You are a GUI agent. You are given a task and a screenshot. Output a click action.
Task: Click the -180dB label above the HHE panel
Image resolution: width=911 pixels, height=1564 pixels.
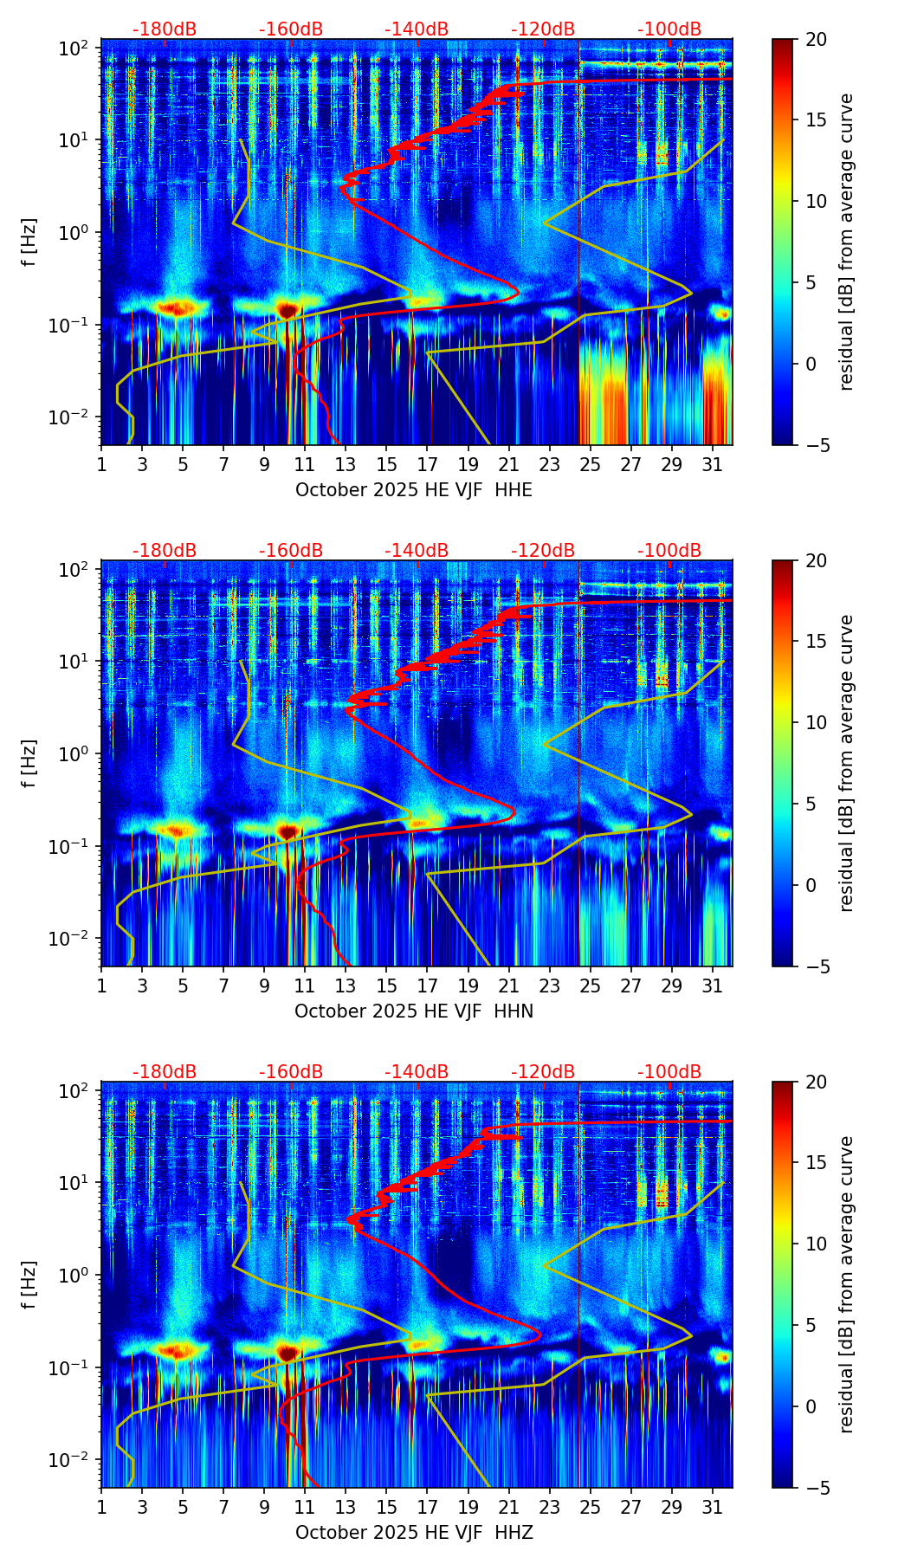point(165,29)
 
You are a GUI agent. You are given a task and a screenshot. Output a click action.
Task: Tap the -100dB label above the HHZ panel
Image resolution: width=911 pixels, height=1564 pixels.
point(669,1072)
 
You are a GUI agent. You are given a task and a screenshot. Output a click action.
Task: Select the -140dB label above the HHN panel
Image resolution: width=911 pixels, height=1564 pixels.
point(417,551)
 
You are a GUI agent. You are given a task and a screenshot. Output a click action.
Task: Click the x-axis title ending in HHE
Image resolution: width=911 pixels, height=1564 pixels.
point(414,490)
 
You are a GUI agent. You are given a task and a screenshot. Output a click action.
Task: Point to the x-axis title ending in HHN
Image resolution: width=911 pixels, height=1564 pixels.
point(414,1011)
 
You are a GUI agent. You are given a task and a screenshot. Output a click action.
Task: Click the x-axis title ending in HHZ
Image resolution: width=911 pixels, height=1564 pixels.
point(414,1533)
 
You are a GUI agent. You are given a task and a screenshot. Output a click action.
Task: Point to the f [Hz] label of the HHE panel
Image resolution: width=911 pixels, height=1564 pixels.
point(29,242)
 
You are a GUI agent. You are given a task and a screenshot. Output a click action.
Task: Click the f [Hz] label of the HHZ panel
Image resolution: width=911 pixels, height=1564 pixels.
point(29,1285)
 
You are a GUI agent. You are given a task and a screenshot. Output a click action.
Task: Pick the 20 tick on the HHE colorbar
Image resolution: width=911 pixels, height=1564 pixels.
point(816,39)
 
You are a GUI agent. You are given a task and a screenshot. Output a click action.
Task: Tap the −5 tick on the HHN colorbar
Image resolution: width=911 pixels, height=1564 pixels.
point(816,966)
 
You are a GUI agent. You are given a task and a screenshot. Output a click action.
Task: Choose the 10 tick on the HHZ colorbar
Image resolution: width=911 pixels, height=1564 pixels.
point(816,1244)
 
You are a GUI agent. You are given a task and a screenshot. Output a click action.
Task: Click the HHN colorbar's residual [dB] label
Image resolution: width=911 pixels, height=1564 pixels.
point(846,763)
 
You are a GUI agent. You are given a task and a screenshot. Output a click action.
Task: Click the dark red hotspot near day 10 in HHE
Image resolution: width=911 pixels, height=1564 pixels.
point(288,309)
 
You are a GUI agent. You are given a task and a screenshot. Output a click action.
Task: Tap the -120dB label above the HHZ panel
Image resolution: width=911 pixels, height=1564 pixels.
point(543,1072)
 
